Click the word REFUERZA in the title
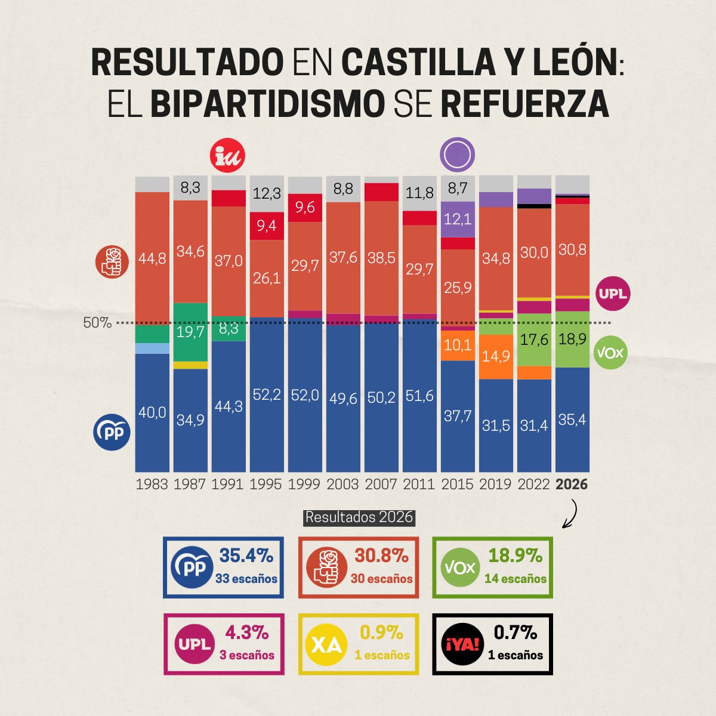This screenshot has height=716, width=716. tap(524, 104)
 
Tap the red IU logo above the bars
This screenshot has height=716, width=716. tap(228, 156)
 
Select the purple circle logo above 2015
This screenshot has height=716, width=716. tap(457, 155)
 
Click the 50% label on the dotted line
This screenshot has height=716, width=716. tap(97, 323)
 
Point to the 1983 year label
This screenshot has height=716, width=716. tap(152, 484)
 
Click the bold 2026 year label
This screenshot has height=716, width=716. tap(572, 484)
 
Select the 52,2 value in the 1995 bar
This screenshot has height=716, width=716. tap(266, 394)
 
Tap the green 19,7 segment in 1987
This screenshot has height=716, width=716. tap(190, 332)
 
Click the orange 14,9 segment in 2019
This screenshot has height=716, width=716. tap(496, 356)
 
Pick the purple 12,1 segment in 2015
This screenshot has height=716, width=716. tap(458, 219)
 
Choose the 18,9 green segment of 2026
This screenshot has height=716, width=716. tap(572, 339)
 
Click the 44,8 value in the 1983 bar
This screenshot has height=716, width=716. tap(152, 258)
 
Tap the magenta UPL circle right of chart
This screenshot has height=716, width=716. tap(613, 294)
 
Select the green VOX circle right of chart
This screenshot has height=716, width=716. tap(610, 352)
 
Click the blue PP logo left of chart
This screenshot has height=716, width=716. tap(112, 433)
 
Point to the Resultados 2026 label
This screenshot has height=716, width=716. tap(359, 517)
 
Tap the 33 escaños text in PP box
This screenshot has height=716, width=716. tap(246, 579)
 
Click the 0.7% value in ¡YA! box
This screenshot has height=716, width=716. tap(515, 632)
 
